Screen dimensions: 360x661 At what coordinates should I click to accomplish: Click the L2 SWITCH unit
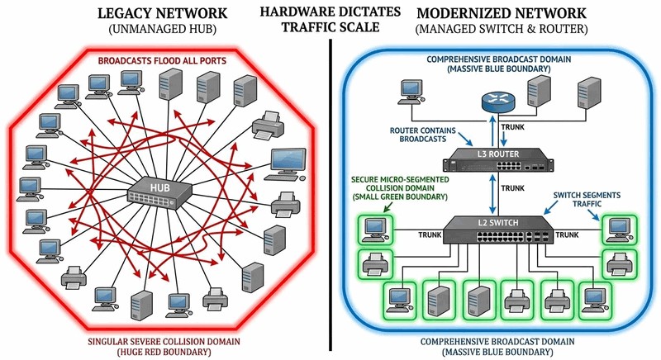[x=492, y=232]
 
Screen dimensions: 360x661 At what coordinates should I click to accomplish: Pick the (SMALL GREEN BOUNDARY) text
[x=394, y=197]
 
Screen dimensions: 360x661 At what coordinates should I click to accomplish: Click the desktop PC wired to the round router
[x=411, y=92]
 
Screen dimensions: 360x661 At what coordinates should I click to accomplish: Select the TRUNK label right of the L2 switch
[x=565, y=234]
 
